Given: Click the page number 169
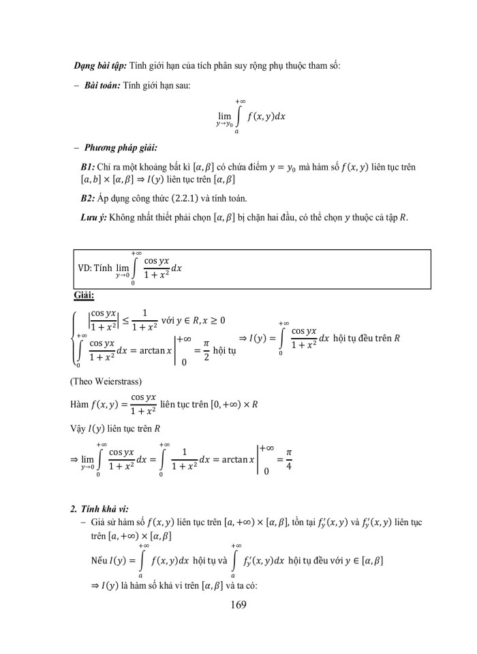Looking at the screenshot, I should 238,604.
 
